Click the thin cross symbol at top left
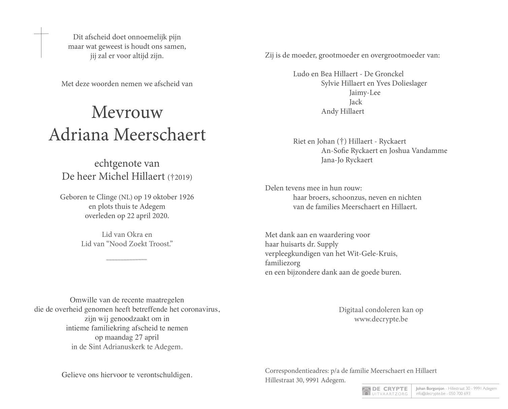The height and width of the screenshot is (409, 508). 41,42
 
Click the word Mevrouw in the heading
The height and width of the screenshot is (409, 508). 127,112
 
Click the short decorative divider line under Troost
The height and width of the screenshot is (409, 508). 127,259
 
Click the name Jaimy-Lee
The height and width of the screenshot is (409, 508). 365,93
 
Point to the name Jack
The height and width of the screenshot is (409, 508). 355,102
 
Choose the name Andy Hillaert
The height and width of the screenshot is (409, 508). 342,112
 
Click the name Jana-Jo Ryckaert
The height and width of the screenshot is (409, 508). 347,160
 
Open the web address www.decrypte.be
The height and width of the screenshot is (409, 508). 381,319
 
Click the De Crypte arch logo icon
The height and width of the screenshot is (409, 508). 366,391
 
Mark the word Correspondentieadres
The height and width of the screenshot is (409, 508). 296,371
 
